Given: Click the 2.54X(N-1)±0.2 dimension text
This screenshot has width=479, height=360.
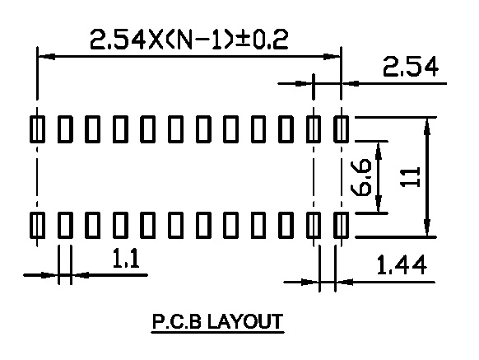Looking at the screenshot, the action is pos(189,40).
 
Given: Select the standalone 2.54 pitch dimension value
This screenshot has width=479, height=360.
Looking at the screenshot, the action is pos(411,67).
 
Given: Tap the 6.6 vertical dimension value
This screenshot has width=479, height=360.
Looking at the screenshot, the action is pos(361,177).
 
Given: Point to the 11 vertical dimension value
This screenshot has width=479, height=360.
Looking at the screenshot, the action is pos(410,177).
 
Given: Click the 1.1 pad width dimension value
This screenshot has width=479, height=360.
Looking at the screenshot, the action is pos(126,259).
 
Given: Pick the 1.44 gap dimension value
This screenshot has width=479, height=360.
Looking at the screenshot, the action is pos(402,265).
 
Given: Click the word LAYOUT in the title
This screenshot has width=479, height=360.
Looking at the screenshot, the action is pos(245,321).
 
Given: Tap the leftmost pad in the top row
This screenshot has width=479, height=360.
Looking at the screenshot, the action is pos(37,129).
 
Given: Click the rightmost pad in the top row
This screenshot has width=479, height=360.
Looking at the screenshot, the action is pos(342,129).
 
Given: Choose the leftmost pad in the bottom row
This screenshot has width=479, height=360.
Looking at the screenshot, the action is pos(37,225).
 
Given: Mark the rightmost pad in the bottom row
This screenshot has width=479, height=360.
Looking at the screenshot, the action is pos(342,225).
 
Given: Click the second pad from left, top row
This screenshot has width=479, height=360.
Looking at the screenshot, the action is pos(65,129).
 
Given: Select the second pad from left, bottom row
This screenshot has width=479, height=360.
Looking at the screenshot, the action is pos(65,225).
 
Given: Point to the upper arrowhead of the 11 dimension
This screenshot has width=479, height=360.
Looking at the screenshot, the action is pos(427,125).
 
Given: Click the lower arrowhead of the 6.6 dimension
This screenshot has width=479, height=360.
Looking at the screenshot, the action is pos(379,204).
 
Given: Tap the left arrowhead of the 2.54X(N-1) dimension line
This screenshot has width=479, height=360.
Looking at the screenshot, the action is pos(46,57).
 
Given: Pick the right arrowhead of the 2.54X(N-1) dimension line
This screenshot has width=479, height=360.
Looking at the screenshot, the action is pos(332,57).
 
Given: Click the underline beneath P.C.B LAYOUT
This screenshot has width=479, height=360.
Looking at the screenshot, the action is pos(218,332).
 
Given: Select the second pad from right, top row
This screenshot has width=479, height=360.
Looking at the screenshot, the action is pos(314,129).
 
